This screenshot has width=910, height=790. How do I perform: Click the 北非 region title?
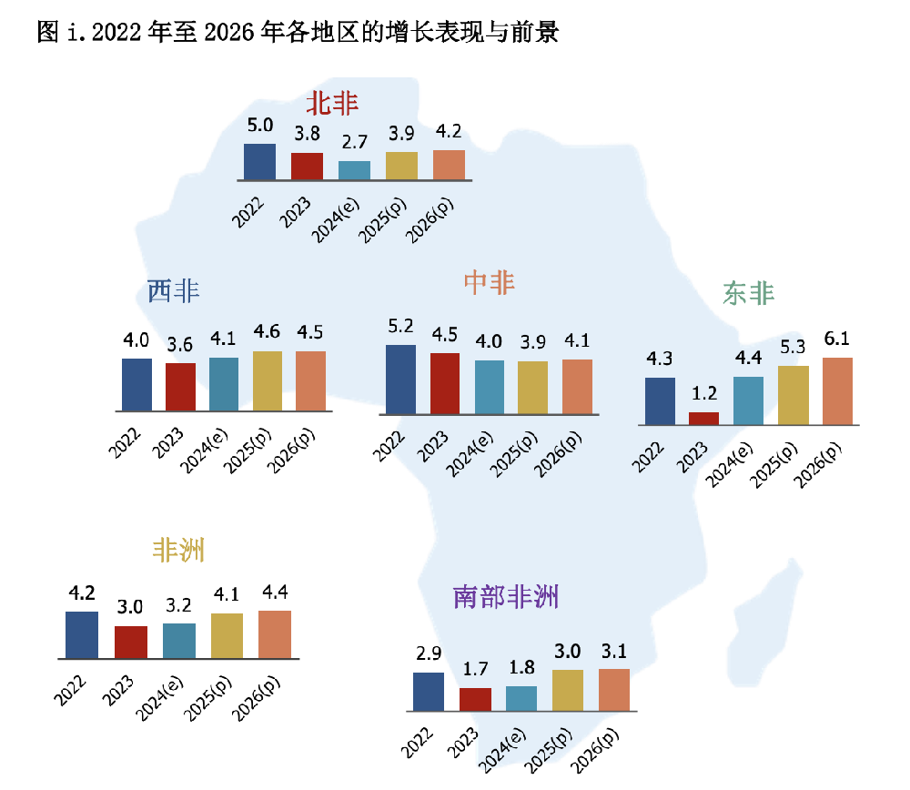click(332, 103)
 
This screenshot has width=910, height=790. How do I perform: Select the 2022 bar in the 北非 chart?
click(260, 161)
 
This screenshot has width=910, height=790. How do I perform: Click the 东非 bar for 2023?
click(703, 419)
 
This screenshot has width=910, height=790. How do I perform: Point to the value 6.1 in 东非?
click(836, 339)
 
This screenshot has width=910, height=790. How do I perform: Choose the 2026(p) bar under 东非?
click(837, 390)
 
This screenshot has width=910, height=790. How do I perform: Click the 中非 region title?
click(489, 283)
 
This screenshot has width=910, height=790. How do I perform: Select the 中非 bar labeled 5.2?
click(401, 379)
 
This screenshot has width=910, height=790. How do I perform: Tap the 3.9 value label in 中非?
click(532, 342)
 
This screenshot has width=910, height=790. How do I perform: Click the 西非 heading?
click(173, 291)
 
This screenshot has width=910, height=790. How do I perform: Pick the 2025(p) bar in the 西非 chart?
click(267, 380)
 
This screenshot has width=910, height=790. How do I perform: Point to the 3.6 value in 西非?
click(180, 345)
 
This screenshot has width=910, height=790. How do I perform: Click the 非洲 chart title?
click(177, 551)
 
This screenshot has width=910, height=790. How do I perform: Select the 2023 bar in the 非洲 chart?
click(130, 642)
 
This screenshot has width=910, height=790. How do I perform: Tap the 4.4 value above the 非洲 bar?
click(274, 592)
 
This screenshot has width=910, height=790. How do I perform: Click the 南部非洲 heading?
click(505, 597)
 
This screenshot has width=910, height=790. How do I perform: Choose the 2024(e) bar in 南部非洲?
click(521, 698)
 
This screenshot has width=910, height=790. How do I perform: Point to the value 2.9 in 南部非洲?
click(428, 654)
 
